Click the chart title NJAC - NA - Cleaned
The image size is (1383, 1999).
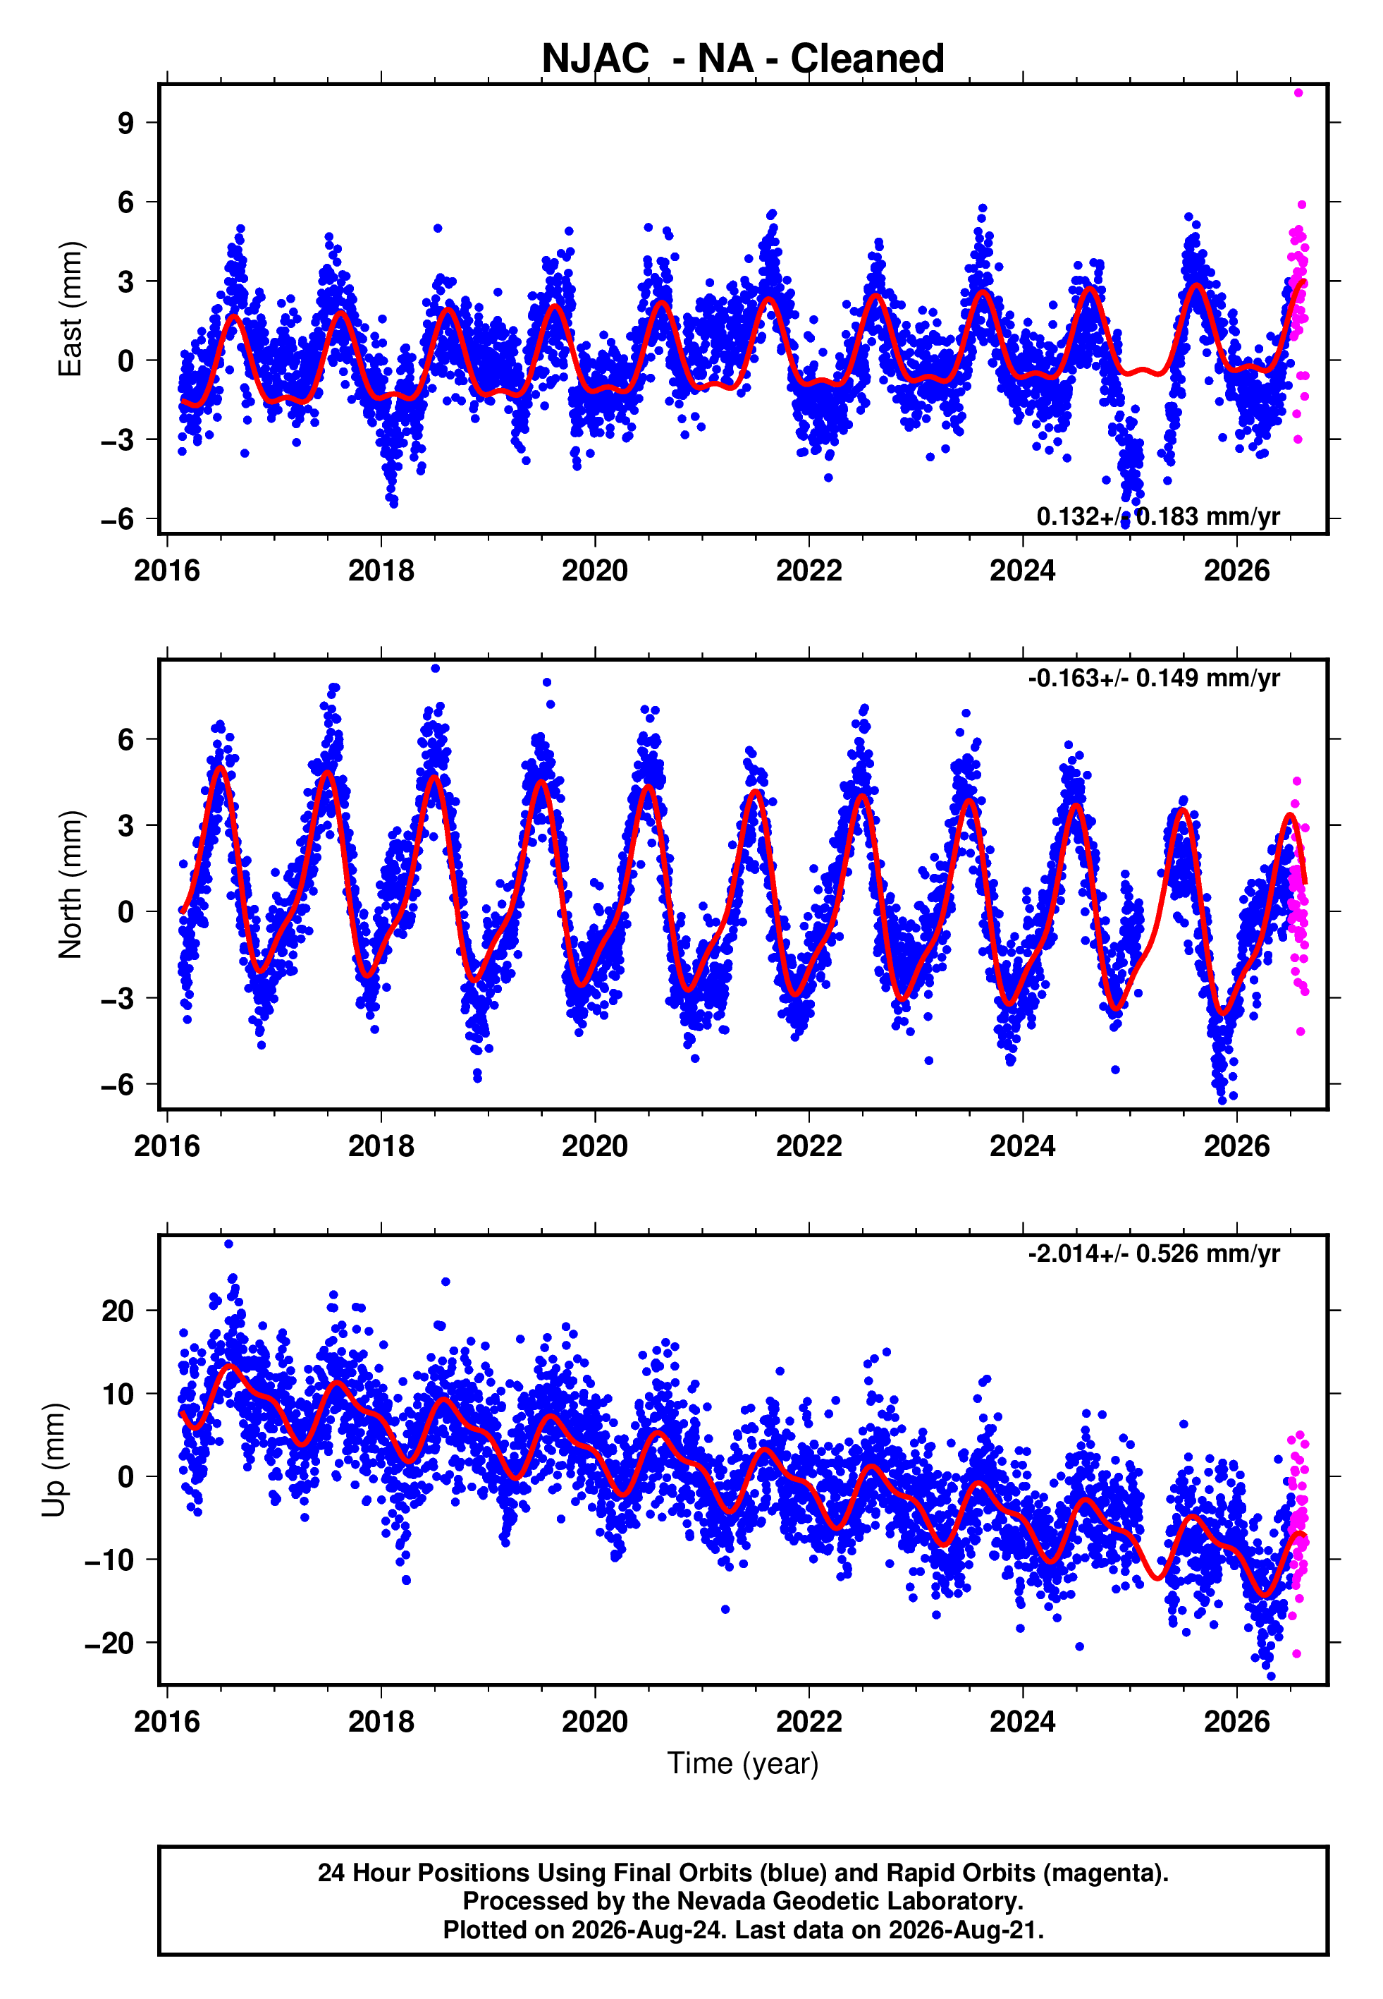coord(743,59)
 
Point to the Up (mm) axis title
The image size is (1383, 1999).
coord(54,1460)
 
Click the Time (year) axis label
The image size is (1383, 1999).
coord(743,1763)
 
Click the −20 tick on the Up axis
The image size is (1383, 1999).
coord(110,1643)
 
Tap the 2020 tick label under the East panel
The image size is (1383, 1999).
coord(594,571)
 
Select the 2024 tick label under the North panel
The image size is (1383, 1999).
coord(1023,1146)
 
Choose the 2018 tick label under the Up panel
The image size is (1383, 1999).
coord(381,1722)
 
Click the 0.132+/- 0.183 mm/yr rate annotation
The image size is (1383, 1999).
coord(1157,516)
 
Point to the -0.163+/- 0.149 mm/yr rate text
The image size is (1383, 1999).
coord(1153,678)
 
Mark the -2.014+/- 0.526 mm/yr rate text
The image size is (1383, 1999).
coord(1153,1253)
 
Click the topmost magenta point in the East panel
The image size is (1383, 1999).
coord(1298,92)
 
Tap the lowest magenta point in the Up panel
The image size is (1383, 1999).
coord(1296,1654)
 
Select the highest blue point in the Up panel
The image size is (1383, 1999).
coord(229,1244)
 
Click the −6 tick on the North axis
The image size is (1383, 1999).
coord(118,1084)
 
